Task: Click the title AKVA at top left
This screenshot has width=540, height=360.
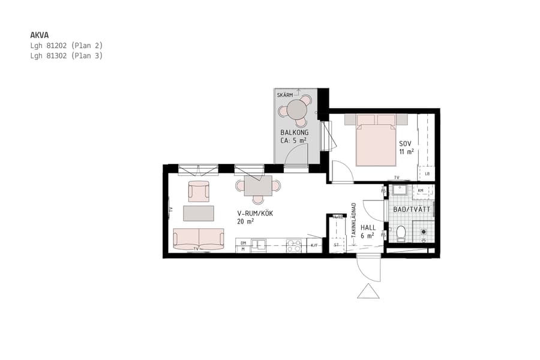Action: coord(40,35)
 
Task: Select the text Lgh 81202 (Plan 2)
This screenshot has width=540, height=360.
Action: coord(67,46)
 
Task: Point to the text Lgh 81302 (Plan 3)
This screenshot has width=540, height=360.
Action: coord(67,56)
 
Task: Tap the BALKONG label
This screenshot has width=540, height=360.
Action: coord(294,133)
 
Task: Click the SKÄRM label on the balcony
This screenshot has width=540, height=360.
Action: coord(285,95)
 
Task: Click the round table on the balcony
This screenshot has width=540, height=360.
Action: coord(296,110)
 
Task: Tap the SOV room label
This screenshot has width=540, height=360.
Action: coord(406,144)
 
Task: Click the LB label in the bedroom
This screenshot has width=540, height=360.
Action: coord(427,175)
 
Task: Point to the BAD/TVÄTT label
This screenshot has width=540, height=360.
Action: coord(412,210)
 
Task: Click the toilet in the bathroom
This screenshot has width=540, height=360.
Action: coord(401,232)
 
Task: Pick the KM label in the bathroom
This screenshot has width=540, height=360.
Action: coord(421,190)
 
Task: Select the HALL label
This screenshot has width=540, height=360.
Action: coord(368,228)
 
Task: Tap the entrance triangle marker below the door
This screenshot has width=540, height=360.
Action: coord(368,291)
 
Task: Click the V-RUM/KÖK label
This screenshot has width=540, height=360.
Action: coord(255,213)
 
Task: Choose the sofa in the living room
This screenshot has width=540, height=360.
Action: coord(199,238)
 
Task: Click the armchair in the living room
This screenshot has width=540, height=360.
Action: coord(199,191)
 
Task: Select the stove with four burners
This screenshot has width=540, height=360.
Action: coord(294,245)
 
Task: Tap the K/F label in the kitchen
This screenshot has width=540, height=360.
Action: coord(314,245)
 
